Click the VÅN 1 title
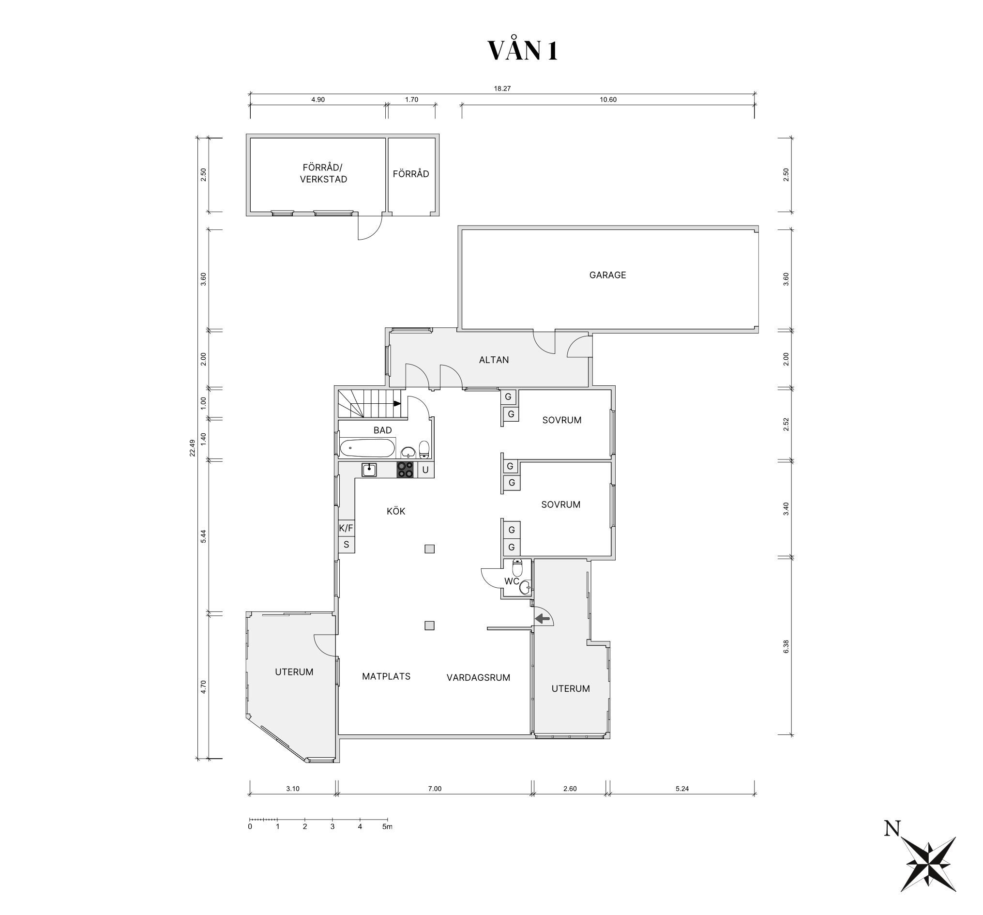[523, 50]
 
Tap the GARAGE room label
[607, 275]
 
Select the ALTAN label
[494, 360]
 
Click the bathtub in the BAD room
[367, 449]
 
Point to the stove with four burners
[406, 470]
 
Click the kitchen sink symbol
[369, 470]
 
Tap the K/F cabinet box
[346, 528]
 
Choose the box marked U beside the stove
[425, 470]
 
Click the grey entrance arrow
[543, 618]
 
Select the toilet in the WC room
[517, 568]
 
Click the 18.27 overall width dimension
[502, 89]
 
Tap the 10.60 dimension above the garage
[608, 99]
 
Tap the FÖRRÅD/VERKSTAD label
[323, 173]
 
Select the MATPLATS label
[386, 677]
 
